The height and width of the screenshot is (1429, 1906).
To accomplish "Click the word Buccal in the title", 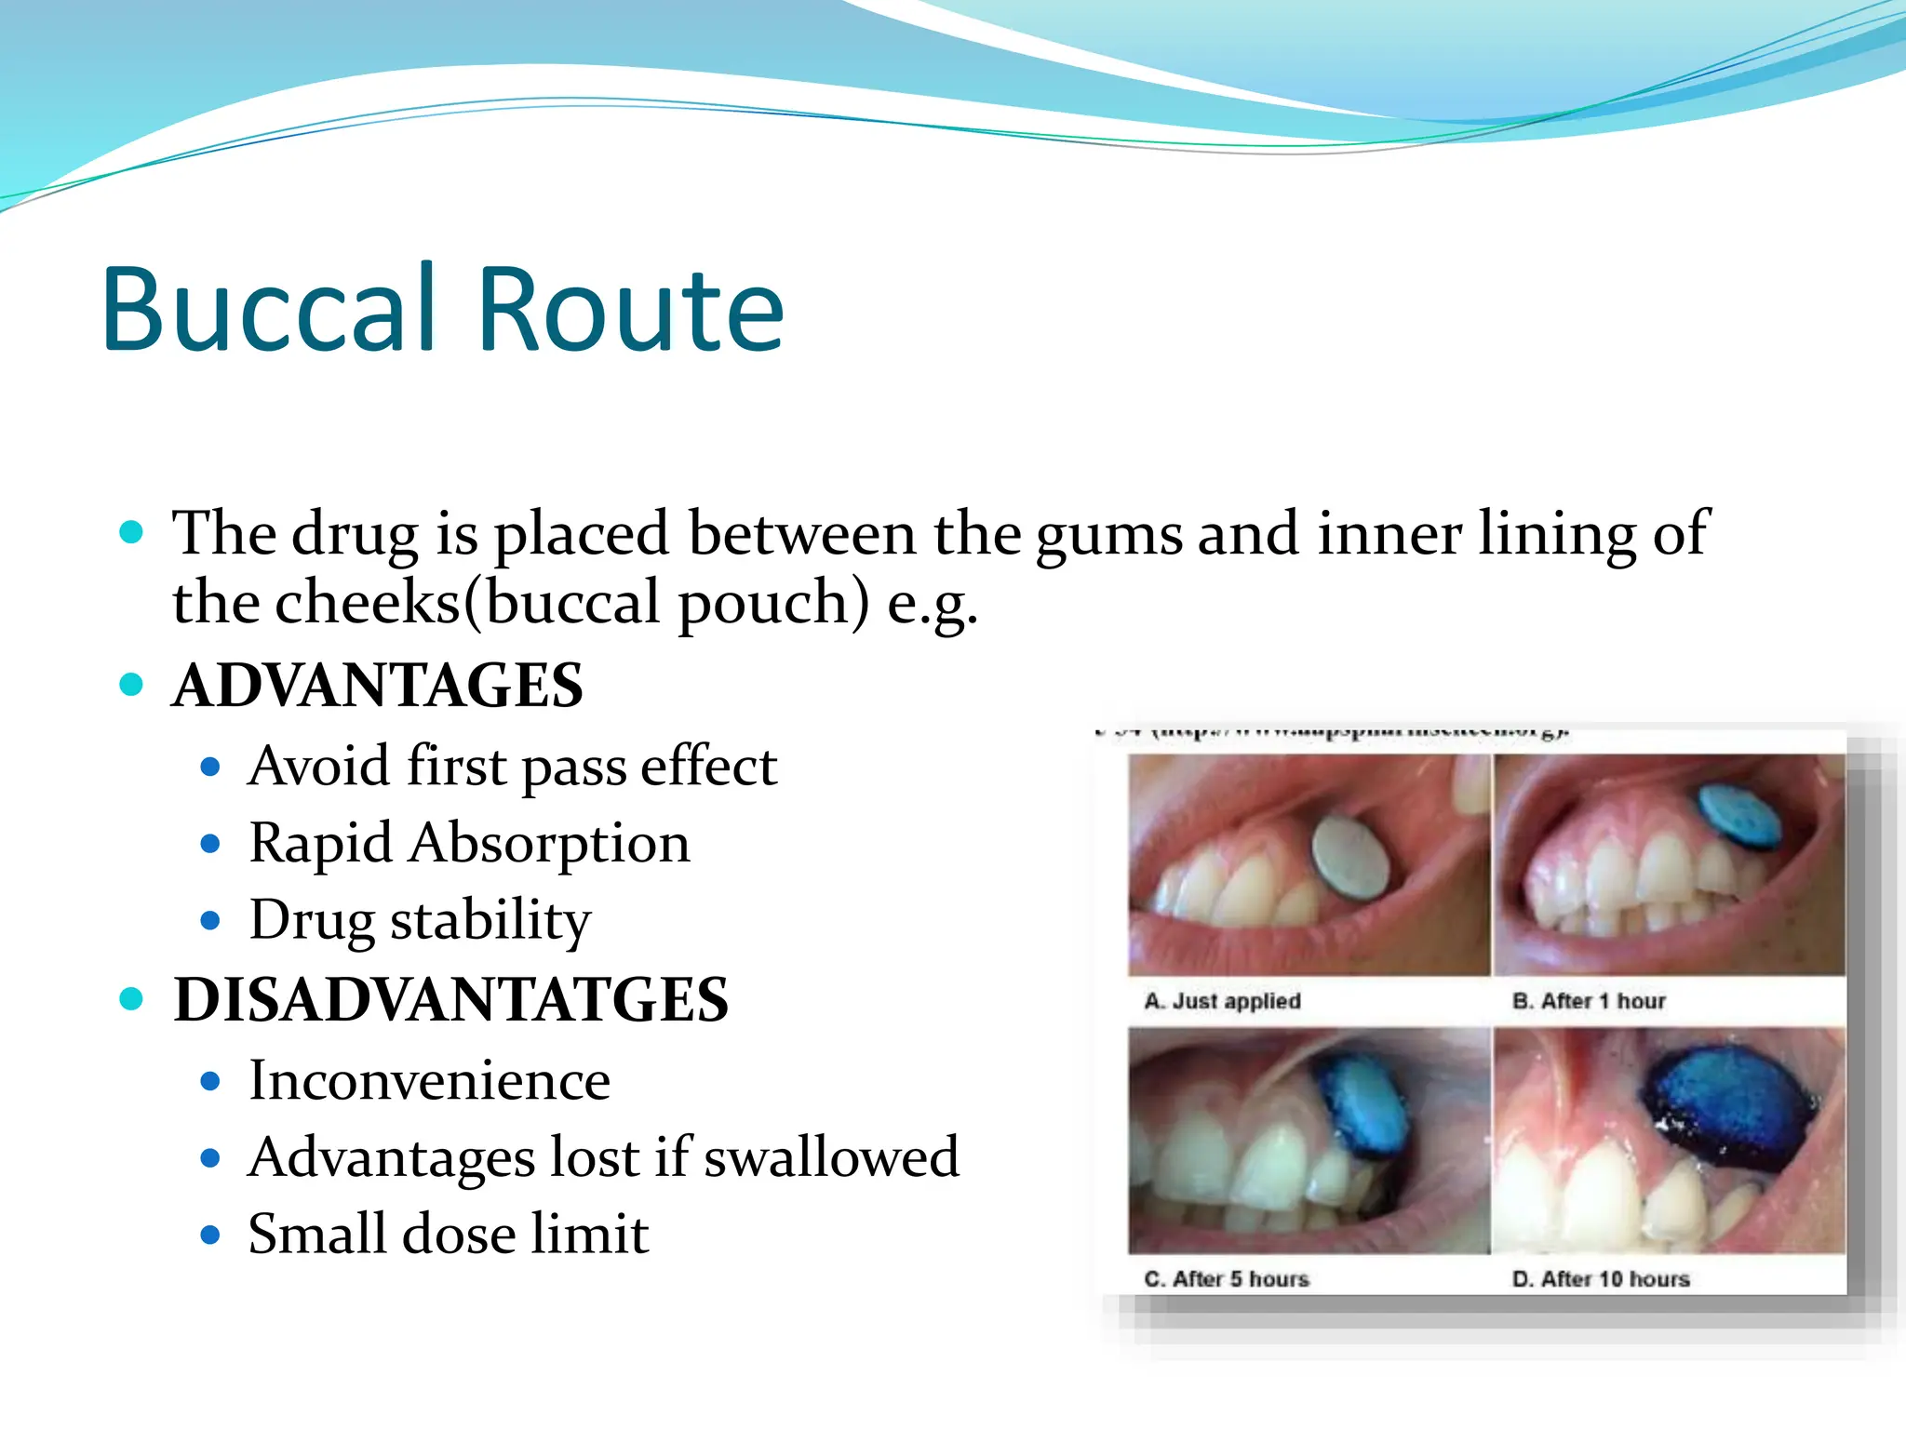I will coord(269,309).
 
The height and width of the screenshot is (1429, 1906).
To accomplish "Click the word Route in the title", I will coord(630,309).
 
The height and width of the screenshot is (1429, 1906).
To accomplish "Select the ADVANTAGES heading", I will coord(378,686).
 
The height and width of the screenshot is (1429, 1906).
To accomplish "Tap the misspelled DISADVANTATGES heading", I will coord(451,1000).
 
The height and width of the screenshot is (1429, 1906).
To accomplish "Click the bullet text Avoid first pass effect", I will coord(512,767).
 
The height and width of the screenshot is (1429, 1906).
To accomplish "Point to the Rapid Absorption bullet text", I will coord(469,843).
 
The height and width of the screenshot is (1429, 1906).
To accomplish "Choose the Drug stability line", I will coord(420,920).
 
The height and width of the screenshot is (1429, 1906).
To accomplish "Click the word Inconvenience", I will coord(429,1080).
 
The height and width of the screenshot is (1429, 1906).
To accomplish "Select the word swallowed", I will coord(831,1157).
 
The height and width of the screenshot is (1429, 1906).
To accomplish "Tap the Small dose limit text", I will coord(448,1234).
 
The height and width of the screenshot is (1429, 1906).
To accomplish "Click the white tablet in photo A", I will coord(1349,857).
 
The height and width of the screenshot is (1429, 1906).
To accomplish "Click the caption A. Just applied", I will coord(1222,1001).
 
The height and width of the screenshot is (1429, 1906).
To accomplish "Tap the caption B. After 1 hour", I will coord(1589,1001).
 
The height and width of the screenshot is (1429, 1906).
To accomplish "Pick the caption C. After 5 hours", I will coord(1226,1278).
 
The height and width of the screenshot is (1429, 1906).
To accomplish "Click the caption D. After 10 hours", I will coord(1601,1278).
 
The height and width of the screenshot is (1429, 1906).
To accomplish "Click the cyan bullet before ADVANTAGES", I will coord(132,685).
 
